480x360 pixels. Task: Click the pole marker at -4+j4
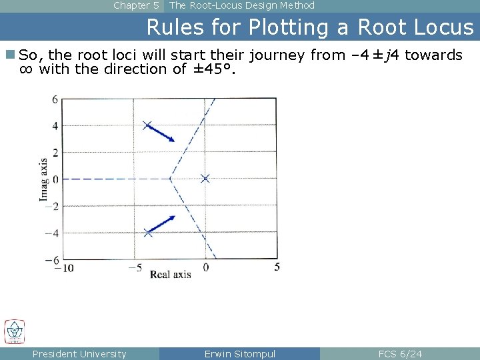pyautogui.click(x=148, y=125)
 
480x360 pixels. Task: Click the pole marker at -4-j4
pyautogui.click(x=148, y=233)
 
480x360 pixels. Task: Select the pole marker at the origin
pyautogui.click(x=205, y=178)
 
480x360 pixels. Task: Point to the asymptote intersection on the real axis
pyautogui.click(x=171, y=179)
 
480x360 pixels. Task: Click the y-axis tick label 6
pyautogui.click(x=55, y=99)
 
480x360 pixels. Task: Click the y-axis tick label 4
pyautogui.click(x=55, y=126)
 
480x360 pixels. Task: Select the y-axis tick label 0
pyautogui.click(x=55, y=179)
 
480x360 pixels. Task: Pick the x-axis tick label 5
pyautogui.click(x=277, y=267)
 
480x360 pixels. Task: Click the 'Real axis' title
pyautogui.click(x=170, y=274)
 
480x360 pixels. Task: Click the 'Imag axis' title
pyautogui.click(x=43, y=179)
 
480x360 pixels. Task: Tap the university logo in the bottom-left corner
pyautogui.click(x=14, y=331)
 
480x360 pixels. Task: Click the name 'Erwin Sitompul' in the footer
pyautogui.click(x=239, y=354)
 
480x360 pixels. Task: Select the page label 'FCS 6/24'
pyautogui.click(x=400, y=354)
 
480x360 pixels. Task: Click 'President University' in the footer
pyautogui.click(x=79, y=354)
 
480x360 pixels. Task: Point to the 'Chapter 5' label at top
pyautogui.click(x=136, y=5)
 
